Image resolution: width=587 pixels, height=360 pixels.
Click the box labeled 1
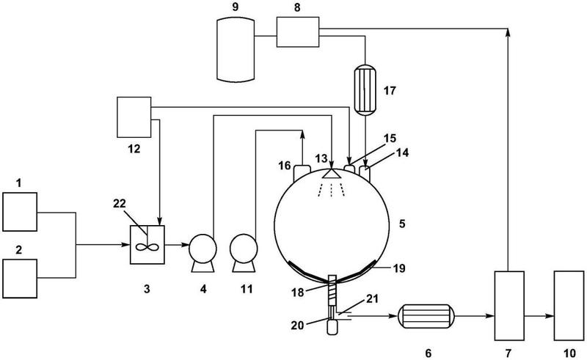(x=20, y=212)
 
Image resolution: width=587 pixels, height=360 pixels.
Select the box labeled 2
(x=20, y=279)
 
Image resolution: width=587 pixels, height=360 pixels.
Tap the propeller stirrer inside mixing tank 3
(x=147, y=247)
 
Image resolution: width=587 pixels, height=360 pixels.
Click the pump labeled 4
(x=203, y=253)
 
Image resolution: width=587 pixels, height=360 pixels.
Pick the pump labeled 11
(x=244, y=253)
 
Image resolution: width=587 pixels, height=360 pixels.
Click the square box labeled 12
(x=134, y=117)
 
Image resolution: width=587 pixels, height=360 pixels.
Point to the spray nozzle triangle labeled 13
(x=332, y=173)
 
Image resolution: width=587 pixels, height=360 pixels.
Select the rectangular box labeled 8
(x=298, y=32)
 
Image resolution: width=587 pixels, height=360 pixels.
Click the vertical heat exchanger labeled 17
(x=365, y=89)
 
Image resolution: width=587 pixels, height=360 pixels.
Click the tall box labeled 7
(x=509, y=305)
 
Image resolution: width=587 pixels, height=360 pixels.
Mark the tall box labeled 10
(x=569, y=305)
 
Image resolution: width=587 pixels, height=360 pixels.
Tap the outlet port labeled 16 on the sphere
(x=302, y=172)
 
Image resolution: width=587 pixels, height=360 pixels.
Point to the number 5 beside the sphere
(x=402, y=224)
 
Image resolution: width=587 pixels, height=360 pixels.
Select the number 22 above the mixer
(x=120, y=204)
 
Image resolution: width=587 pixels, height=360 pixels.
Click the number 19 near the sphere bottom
(x=399, y=268)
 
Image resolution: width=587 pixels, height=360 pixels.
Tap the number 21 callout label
(x=372, y=298)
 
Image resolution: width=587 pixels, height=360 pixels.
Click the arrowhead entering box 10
(x=550, y=316)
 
